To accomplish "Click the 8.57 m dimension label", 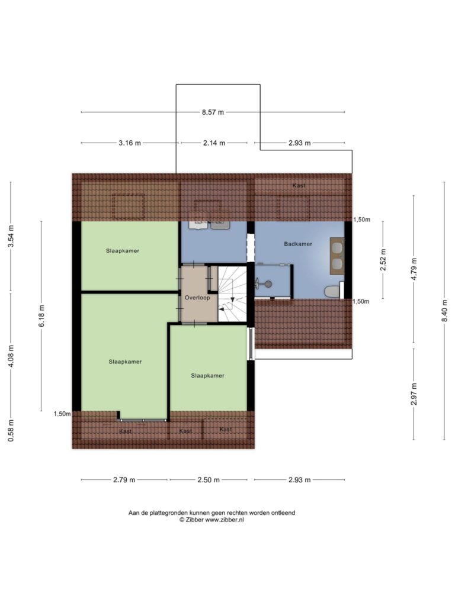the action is point(213,112).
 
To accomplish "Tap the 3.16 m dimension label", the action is point(130,143).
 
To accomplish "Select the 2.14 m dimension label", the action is point(214,143).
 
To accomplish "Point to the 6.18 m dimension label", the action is point(41,316).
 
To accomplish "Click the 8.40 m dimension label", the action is point(445,311).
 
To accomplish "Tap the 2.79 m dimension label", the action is point(124,480).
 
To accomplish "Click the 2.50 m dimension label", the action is point(209,480).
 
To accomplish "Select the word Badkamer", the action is point(298,244).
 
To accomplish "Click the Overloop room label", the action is point(197,298).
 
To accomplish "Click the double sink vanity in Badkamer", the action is point(337,256).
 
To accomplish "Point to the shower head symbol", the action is point(265,283).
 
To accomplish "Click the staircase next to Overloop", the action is point(232,293).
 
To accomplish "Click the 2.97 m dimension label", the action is point(414,394).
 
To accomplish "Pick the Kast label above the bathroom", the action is point(299,185).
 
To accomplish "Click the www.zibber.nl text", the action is point(225,520).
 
